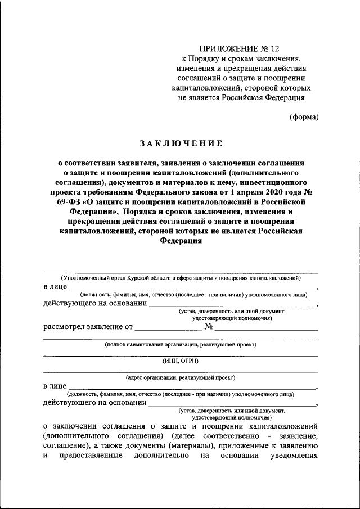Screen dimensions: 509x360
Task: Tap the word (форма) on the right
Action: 304,117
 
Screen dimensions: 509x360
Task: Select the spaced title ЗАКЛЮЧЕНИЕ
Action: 181,143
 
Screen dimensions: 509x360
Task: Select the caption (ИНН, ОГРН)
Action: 181,361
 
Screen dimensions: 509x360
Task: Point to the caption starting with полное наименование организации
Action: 181,344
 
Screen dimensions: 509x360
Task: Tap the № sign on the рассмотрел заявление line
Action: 209,326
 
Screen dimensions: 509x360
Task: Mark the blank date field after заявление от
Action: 168,327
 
